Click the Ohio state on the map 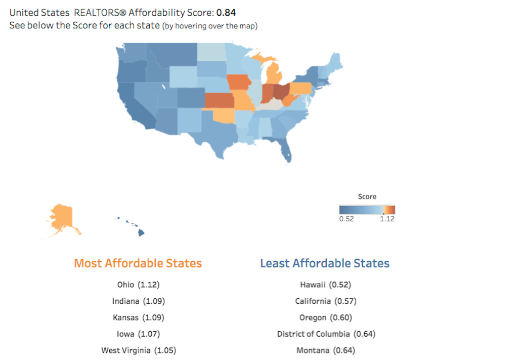click(x=281, y=91)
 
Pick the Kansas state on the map click(x=219, y=101)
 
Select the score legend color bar click(x=367, y=209)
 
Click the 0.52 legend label click(x=347, y=219)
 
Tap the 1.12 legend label click(x=387, y=219)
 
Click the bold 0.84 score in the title click(x=226, y=12)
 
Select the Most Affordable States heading click(x=138, y=263)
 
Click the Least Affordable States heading click(x=325, y=263)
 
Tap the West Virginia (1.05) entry click(x=139, y=350)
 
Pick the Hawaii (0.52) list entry click(x=325, y=285)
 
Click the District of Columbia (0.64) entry click(x=326, y=334)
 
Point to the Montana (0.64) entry click(x=326, y=350)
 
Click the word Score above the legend click(x=367, y=196)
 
